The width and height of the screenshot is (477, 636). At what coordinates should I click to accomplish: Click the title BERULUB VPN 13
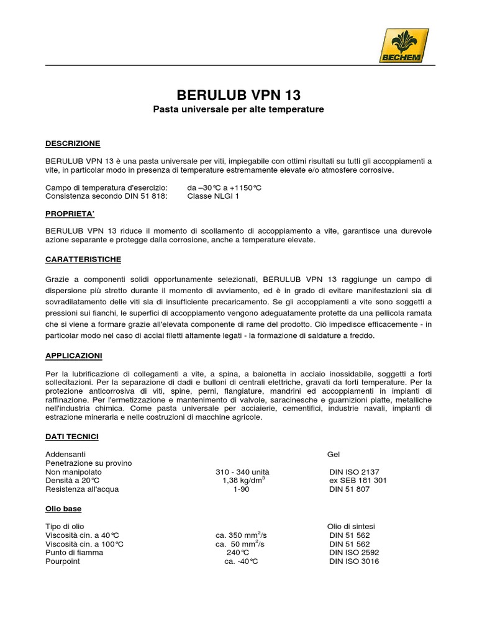click(238, 95)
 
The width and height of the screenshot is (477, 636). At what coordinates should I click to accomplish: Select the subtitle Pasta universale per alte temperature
click(238, 110)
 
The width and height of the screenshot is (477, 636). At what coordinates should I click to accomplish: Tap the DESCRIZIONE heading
click(73, 143)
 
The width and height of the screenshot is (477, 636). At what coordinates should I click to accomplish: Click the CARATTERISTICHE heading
click(83, 258)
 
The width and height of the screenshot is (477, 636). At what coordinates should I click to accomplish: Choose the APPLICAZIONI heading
click(74, 356)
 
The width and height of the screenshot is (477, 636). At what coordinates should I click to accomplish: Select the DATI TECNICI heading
click(72, 437)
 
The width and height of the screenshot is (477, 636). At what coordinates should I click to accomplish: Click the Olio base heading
click(63, 509)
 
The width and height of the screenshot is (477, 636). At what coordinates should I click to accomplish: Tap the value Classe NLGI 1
click(213, 196)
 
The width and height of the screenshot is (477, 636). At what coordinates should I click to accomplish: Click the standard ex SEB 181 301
click(358, 481)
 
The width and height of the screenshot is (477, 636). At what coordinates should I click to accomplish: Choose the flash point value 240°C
click(237, 552)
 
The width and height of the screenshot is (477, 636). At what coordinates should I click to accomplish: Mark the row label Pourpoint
click(63, 561)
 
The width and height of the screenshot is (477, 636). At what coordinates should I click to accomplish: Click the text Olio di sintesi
click(351, 526)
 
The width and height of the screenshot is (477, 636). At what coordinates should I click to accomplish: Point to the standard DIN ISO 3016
click(354, 561)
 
